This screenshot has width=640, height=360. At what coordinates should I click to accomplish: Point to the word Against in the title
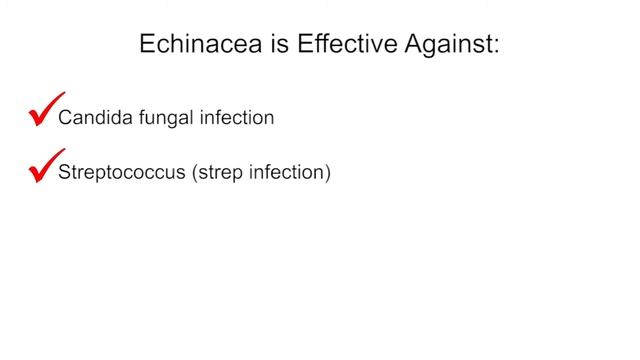point(445,45)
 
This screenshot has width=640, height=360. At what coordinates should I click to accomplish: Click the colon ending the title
point(495,47)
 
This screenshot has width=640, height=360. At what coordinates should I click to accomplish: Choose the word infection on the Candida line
point(237,118)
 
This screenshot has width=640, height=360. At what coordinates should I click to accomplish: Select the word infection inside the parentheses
point(285,173)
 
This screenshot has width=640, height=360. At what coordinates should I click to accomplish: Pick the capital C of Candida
point(66,118)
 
